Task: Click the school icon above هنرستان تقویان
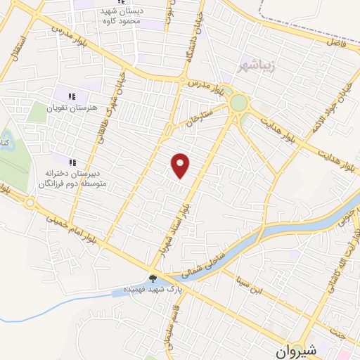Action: click(72, 96)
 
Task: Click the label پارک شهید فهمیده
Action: click(143, 290)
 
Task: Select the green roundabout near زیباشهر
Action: click(239, 103)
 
